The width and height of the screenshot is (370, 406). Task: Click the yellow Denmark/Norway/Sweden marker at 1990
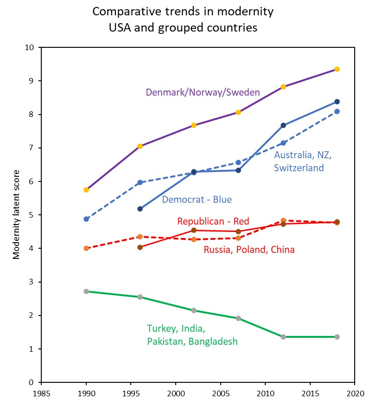(x=86, y=190)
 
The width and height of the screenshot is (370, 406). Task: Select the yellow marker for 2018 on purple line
(x=337, y=69)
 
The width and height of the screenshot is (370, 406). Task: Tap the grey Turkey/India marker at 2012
(x=283, y=337)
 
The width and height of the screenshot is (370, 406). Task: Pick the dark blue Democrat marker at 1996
(x=140, y=209)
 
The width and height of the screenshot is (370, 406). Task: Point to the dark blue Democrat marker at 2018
(x=337, y=102)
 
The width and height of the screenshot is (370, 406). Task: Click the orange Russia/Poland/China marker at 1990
(x=86, y=248)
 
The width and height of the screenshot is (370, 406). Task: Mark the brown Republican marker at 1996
(x=140, y=247)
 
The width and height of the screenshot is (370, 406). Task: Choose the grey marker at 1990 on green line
(x=86, y=291)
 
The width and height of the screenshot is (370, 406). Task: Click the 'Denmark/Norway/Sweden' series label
(x=203, y=92)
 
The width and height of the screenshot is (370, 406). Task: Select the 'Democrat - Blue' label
(x=197, y=200)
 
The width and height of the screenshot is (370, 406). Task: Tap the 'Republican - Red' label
(x=213, y=221)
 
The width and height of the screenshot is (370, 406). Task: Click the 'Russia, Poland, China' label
(x=249, y=250)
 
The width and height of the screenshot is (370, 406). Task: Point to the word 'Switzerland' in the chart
(x=299, y=168)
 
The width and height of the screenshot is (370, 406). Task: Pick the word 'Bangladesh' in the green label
(x=215, y=342)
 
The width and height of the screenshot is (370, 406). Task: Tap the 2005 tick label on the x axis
(x=220, y=393)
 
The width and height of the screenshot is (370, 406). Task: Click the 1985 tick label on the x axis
(x=41, y=393)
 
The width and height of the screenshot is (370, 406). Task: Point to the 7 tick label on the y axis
(x=32, y=148)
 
